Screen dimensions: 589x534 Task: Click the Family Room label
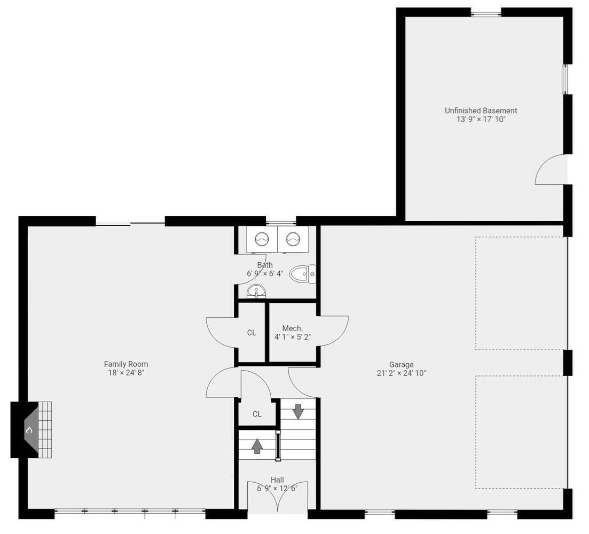[126, 364]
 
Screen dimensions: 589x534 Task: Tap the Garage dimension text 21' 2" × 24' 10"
[401, 373]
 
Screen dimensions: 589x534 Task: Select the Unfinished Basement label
[481, 111]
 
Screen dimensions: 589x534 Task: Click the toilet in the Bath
[303, 274]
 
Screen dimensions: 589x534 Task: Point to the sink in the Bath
[256, 292]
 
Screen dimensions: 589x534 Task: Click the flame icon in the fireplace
[29, 430]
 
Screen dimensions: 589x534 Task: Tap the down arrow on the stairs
[299, 412]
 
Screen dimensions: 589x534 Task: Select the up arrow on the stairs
[257, 446]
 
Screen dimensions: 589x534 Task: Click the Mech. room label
[292, 328]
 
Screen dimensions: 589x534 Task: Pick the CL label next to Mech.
[252, 333]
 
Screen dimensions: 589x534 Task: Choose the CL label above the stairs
[257, 414]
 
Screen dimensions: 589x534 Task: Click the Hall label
[277, 480]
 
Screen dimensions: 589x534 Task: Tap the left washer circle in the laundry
[262, 239]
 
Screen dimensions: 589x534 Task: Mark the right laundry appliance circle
[293, 239]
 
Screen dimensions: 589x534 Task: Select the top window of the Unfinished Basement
[486, 14]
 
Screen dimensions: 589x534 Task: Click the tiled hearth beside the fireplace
[45, 430]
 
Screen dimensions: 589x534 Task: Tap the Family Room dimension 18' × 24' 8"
[126, 373]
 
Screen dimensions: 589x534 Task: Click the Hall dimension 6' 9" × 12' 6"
[277, 489]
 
